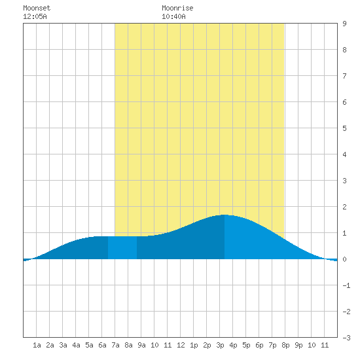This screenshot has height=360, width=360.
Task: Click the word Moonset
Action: click(37, 8)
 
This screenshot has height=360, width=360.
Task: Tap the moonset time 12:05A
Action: click(35, 16)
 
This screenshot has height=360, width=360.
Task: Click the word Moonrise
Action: click(177, 8)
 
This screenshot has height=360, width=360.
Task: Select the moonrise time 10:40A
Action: click(173, 16)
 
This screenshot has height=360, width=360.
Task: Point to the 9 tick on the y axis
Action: click(344, 24)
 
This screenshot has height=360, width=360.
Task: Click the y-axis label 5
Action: click(344, 128)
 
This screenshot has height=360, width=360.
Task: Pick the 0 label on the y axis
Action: click(344, 259)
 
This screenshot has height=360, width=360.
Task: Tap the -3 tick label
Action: click(346, 338)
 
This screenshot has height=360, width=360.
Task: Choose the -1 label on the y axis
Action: click(346, 285)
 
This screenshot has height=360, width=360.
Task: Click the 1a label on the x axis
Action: click(37, 345)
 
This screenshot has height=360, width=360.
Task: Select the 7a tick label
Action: click(115, 345)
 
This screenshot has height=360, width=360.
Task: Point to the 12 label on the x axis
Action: click(181, 345)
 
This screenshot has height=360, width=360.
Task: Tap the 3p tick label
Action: click(220, 345)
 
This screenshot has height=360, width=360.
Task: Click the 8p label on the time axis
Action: click(285, 345)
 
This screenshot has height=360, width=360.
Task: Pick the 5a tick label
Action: click(89, 345)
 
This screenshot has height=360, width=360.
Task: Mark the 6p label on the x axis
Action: click(259, 345)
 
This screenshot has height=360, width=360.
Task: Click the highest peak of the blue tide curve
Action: click(225, 215)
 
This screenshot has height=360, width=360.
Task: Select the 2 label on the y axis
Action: click(344, 207)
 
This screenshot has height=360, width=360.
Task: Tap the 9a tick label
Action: click(141, 345)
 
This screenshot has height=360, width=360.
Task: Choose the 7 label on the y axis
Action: click(344, 76)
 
